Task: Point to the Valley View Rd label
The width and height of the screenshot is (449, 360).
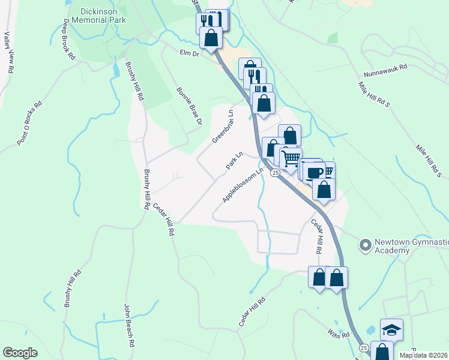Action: click(9, 52)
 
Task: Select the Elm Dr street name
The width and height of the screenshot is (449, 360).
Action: click(189, 53)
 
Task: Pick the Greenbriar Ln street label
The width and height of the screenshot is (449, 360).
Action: click(223, 127)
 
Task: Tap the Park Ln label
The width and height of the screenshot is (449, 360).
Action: click(234, 160)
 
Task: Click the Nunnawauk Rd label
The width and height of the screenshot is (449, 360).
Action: click(385, 73)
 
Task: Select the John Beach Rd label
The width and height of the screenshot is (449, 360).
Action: click(128, 326)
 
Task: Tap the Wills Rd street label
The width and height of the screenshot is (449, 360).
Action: click(338, 333)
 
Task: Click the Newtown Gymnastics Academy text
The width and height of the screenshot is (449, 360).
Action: click(411, 246)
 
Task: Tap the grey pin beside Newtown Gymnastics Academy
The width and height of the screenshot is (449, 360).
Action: click(364, 245)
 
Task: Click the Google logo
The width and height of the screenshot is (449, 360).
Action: click(20, 353)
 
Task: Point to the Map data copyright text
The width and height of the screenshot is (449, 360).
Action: click(423, 355)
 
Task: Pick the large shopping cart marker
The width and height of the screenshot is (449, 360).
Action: click(291, 159)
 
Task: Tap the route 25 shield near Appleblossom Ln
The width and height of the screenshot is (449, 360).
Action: click(274, 173)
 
